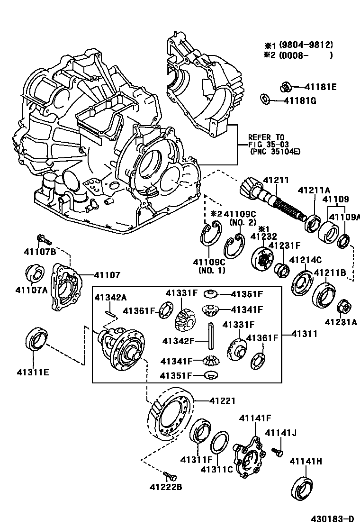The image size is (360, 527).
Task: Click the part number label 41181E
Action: point(320,87)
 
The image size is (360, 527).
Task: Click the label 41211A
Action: point(314,191)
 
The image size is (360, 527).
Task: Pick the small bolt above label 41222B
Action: point(170,474)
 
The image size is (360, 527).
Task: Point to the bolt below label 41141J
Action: point(278,452)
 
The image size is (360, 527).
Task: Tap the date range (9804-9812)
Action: point(306,45)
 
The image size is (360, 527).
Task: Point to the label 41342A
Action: point(110,298)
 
